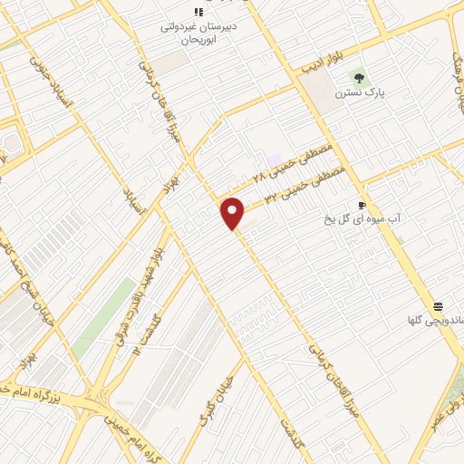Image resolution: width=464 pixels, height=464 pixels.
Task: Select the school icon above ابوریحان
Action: pos(198,11)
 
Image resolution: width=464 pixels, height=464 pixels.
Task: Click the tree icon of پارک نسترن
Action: pos(360,77)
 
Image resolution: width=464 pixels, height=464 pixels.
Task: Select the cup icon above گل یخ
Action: pos(362,205)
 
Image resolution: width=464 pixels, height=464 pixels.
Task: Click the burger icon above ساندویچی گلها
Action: pos(439,305)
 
